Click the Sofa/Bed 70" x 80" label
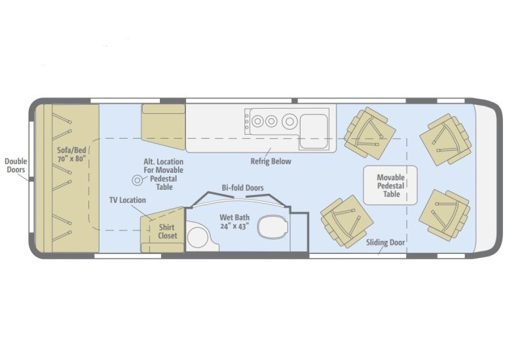(x=71, y=154)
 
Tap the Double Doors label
(x=16, y=166)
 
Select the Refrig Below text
(x=271, y=161)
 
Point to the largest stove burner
(x=290, y=121)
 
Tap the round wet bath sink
(x=198, y=237)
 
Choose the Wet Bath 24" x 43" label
(x=234, y=222)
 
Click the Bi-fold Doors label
(x=242, y=188)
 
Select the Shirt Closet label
(x=167, y=232)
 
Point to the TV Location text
(x=128, y=200)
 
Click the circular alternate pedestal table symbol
(x=137, y=181)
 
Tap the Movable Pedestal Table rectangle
(x=390, y=185)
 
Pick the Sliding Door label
(x=385, y=242)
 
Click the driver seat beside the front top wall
(x=445, y=139)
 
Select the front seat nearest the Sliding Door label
(x=445, y=214)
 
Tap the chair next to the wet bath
(x=346, y=222)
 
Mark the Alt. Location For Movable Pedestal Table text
(x=163, y=174)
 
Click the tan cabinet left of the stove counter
(x=163, y=126)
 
